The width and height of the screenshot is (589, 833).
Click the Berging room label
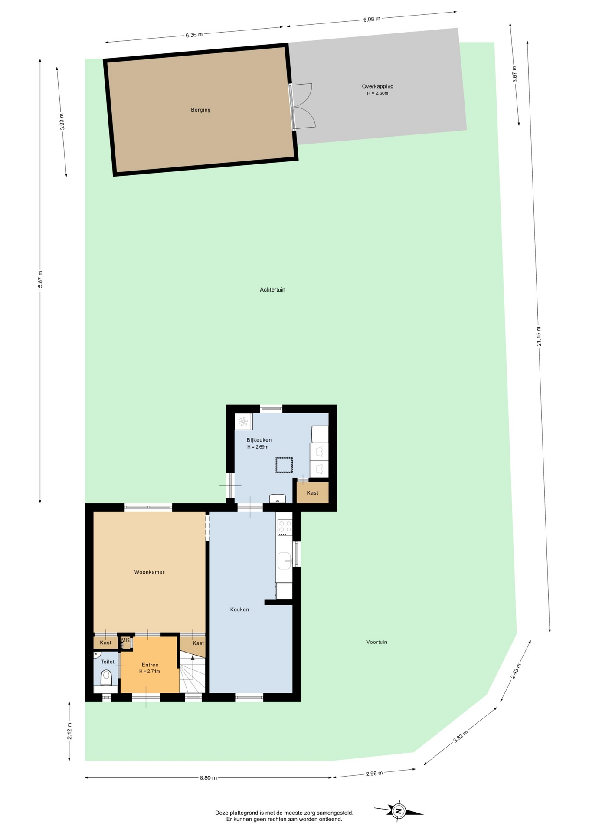click(x=201, y=110)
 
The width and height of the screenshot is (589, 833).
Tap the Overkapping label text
click(x=378, y=86)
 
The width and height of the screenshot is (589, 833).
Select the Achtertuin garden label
click(x=272, y=289)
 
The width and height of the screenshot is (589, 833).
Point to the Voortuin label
click(x=377, y=642)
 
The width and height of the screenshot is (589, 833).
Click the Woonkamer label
click(x=149, y=572)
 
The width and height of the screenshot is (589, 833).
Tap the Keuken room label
click(x=239, y=609)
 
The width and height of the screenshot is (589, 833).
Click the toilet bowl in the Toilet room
click(x=106, y=678)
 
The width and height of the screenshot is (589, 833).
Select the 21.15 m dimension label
click(x=539, y=336)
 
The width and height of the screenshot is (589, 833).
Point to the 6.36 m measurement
click(x=194, y=35)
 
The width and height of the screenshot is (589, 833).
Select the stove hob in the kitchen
click(x=285, y=528)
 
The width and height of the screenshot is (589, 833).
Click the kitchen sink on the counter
click(x=285, y=561)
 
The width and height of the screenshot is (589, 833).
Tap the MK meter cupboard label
click(x=125, y=640)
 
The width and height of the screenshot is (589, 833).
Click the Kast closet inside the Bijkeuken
click(x=312, y=492)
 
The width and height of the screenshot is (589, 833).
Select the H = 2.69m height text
click(x=258, y=447)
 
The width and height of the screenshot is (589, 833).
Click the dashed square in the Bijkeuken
click(x=284, y=465)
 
